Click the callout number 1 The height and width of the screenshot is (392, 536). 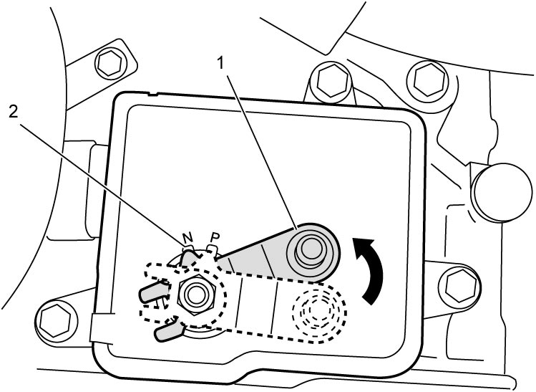click(222, 63)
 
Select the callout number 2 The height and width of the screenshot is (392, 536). click(13, 112)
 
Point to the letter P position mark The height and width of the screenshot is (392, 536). click(215, 236)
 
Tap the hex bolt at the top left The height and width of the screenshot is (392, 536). click(109, 63)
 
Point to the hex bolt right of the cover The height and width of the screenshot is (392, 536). click(460, 284)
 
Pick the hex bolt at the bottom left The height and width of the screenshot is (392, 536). click(54, 320)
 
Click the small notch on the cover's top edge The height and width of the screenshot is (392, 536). click(153, 93)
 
